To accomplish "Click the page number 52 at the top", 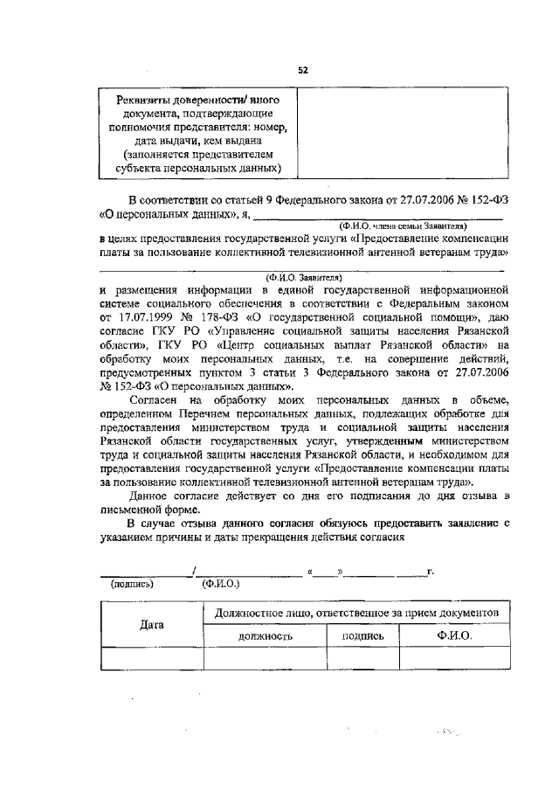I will point(302,69).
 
